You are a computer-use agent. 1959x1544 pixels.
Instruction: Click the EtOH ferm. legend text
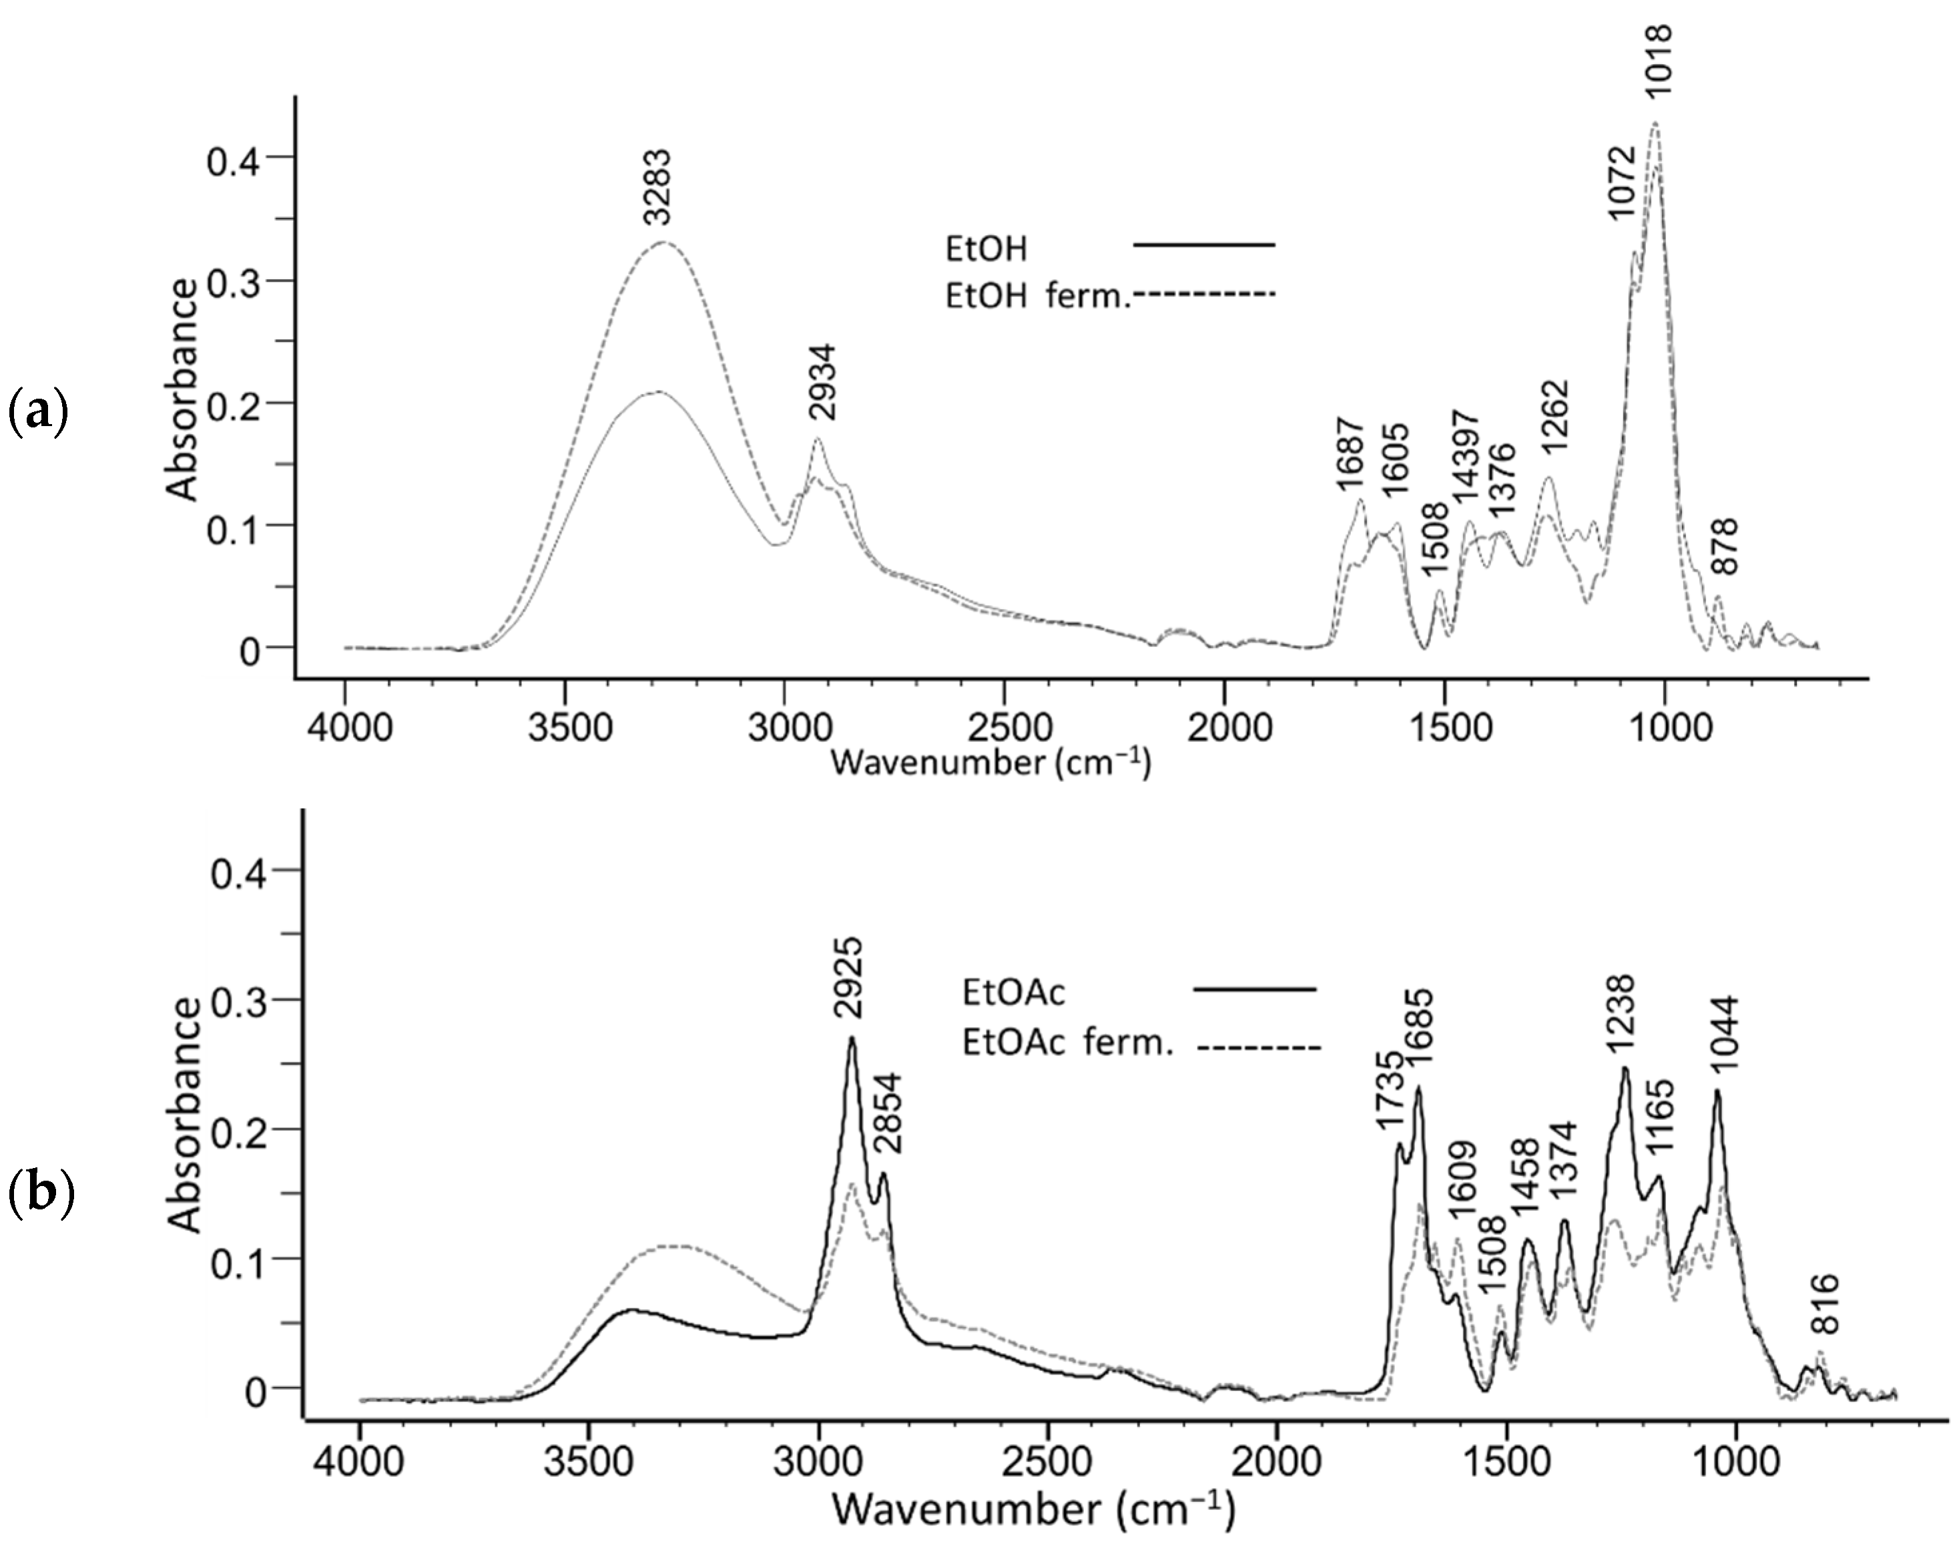point(1037,296)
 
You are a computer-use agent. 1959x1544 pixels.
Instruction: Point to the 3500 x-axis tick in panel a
point(565,729)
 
